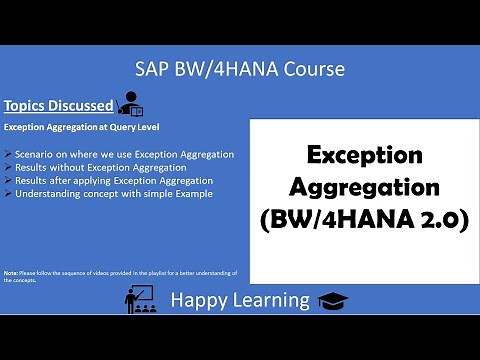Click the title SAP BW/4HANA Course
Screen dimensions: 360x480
click(240, 69)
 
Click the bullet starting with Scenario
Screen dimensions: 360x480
click(124, 154)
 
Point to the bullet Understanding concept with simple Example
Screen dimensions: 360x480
click(113, 193)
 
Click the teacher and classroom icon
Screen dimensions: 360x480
click(137, 298)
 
